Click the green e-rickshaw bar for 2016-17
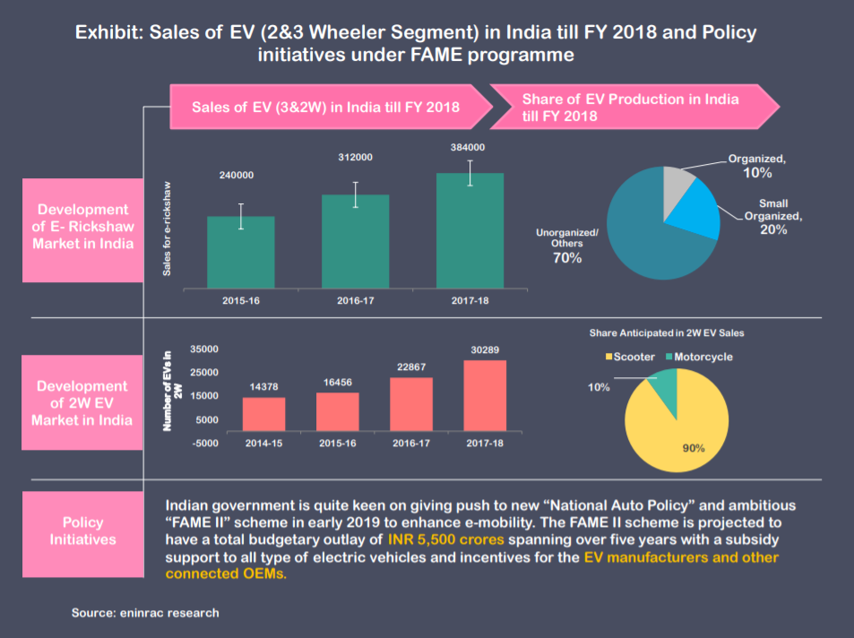[x=356, y=241]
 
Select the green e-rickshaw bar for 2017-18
[x=470, y=230]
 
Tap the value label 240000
[x=237, y=176]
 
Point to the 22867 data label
[x=411, y=366]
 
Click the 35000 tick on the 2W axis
[x=205, y=349]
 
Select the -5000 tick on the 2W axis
[x=205, y=443]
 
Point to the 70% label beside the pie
[x=566, y=258]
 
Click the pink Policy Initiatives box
[x=82, y=530]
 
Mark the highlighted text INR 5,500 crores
[x=445, y=540]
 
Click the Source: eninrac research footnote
[x=145, y=613]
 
